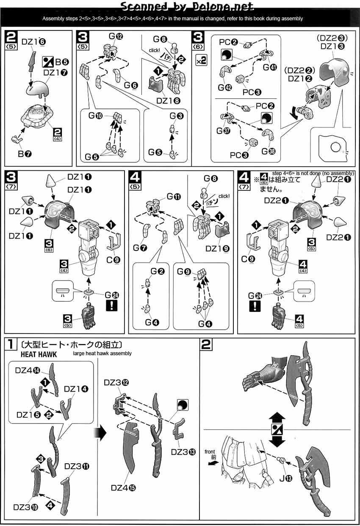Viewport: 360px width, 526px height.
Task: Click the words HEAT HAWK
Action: (x=33, y=354)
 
